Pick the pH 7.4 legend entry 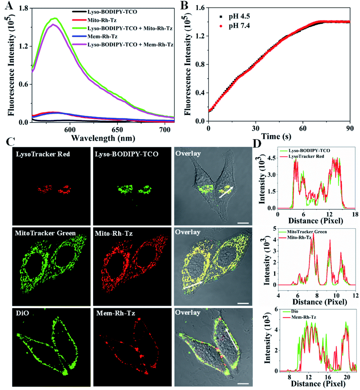[236, 26]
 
